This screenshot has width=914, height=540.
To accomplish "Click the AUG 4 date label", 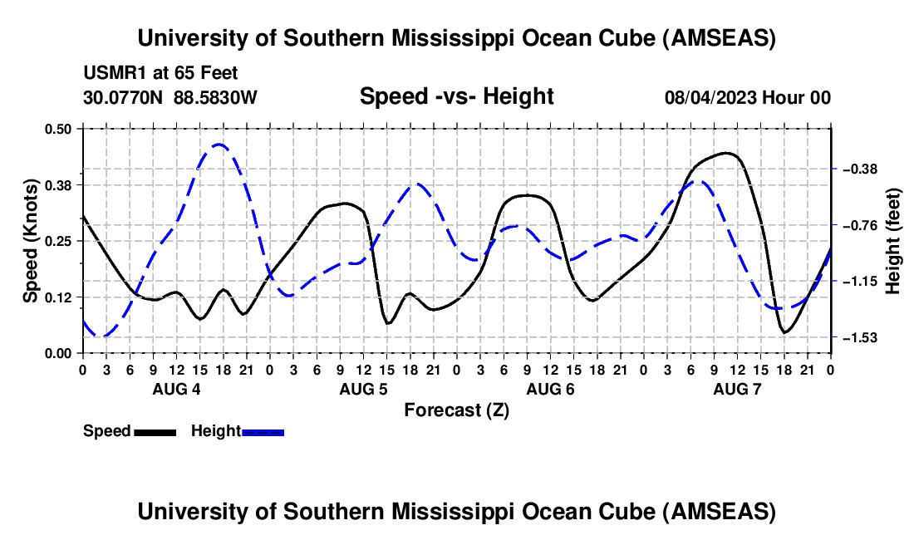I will pos(175,389).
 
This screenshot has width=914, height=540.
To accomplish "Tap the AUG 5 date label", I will pos(362,389).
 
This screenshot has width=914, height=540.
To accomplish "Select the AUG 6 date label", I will pos(549,389).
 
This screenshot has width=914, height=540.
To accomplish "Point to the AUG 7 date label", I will pos(736,389).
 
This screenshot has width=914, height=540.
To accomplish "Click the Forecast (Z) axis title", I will pos(456,410).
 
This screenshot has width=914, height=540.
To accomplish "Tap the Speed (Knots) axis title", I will pos(31,241).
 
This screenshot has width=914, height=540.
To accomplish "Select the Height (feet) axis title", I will pos(893,241).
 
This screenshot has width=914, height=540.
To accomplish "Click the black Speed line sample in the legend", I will pos(155,431).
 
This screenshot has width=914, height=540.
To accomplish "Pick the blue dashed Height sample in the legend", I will pos(263,431).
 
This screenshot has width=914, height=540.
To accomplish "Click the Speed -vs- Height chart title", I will pos(456,96).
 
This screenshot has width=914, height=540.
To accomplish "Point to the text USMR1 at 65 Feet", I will pos(160,73).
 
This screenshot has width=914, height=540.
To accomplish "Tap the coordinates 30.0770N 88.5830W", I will pos(170,97).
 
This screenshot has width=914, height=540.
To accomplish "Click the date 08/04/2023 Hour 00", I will pos(747,97).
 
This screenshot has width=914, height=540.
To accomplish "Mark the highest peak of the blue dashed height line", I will pos(219,145).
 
